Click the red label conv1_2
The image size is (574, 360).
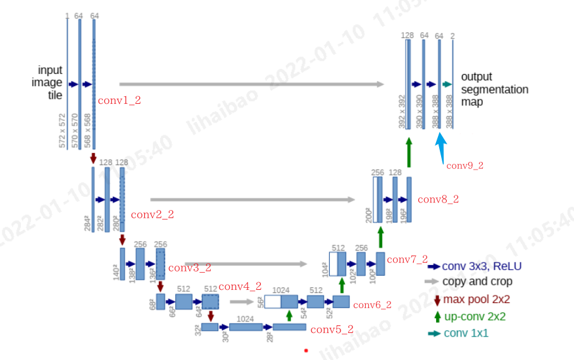point(119,100)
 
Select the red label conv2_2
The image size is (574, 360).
point(152,214)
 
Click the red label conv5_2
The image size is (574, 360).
point(332,329)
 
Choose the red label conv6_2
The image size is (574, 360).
point(372,304)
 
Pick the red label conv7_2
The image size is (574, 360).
point(407,259)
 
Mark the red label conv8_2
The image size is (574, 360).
point(438,199)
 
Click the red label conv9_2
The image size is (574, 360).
point(465,166)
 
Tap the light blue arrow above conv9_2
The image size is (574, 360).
point(442,147)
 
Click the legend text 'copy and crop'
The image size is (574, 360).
point(477,282)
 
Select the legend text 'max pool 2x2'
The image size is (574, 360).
point(476,299)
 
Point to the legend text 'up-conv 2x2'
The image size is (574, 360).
point(474,316)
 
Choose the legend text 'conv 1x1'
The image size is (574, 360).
point(465,333)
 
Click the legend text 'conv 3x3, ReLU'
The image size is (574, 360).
point(482,266)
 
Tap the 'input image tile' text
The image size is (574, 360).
point(50,83)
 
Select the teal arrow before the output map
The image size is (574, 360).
point(447,84)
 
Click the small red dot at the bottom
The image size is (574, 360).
point(306,350)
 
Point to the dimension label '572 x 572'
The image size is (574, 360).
point(62,131)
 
